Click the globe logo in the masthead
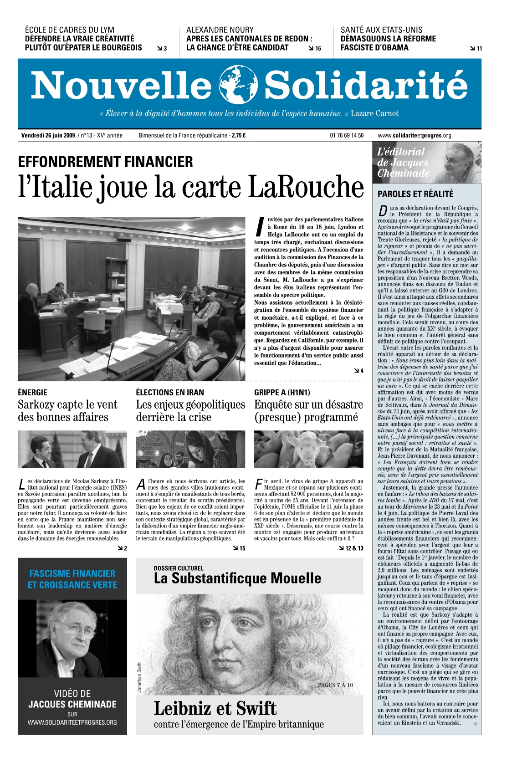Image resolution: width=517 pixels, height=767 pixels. (x=238, y=85)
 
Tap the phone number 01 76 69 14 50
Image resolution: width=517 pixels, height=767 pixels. (x=347, y=135)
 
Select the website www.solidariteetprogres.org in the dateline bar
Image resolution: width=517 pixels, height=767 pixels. (x=415, y=135)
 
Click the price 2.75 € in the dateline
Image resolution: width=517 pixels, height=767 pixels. (x=238, y=135)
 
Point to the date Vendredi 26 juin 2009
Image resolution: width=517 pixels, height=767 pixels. (x=48, y=135)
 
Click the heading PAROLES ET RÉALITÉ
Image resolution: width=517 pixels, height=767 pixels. (x=415, y=194)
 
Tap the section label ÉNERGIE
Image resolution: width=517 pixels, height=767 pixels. (x=32, y=392)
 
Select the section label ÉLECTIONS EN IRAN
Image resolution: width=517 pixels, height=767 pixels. (x=170, y=392)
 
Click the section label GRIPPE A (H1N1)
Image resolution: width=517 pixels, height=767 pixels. (x=282, y=392)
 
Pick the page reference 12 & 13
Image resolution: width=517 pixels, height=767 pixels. (x=354, y=548)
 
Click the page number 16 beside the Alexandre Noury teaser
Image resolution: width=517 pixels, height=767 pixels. (x=317, y=48)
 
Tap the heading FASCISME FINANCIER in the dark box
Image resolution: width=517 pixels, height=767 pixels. (x=72, y=573)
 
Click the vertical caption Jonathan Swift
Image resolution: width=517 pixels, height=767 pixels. (x=139, y=678)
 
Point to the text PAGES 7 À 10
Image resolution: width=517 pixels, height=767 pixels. (x=335, y=685)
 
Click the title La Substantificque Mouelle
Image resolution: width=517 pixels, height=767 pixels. (x=237, y=578)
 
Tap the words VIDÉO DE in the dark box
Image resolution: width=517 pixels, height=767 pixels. (x=72, y=694)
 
